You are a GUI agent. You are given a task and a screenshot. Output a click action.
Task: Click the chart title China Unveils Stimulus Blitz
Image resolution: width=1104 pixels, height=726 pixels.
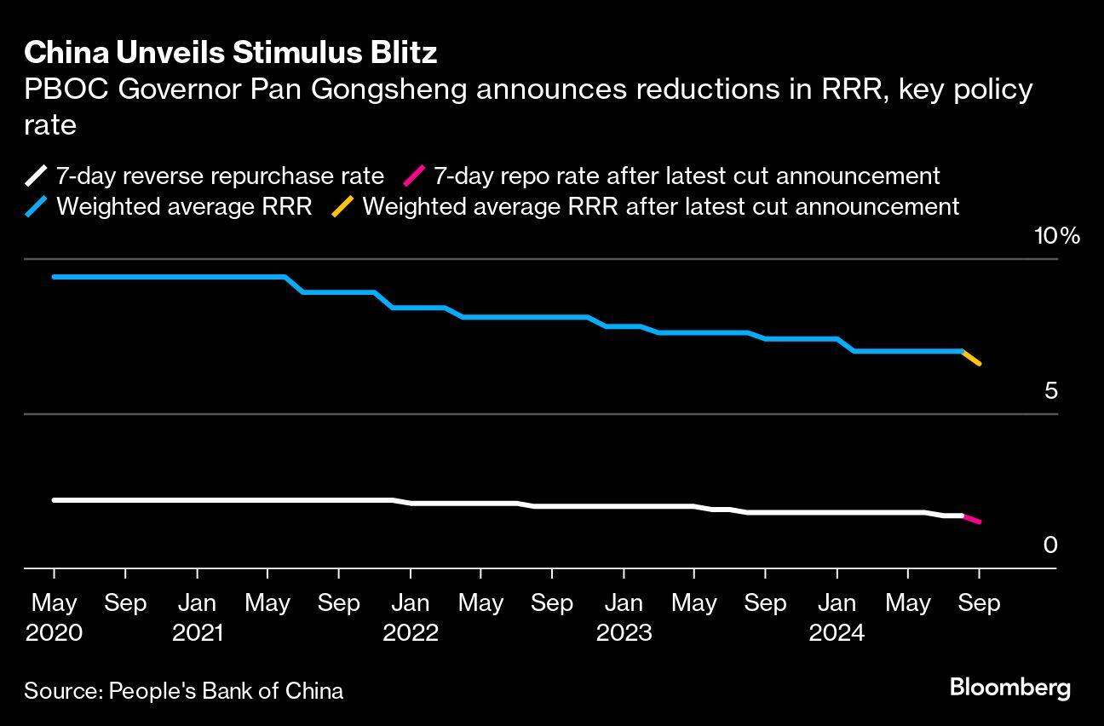point(230,53)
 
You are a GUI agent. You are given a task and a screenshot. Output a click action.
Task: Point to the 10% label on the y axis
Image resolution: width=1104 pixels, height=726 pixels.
point(1056,236)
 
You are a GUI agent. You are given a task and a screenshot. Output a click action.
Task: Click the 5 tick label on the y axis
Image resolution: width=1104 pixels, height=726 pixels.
point(1050,391)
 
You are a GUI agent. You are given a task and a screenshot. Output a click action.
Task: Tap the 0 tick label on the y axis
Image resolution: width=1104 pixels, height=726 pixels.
point(1050,545)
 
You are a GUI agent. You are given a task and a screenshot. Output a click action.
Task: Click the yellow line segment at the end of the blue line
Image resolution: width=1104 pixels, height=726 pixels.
point(971,357)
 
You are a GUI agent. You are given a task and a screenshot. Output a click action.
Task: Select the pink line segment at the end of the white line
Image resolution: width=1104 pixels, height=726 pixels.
point(971,519)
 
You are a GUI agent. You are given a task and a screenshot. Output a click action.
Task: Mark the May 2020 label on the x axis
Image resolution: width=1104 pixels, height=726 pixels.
point(54,618)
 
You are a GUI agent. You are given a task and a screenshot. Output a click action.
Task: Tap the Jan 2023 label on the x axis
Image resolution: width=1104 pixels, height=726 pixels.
point(624,618)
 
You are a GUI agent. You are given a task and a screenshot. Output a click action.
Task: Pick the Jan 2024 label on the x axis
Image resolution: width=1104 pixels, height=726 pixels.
point(837,618)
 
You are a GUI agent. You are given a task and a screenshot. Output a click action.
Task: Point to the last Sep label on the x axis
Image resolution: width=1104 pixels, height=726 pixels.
point(979,603)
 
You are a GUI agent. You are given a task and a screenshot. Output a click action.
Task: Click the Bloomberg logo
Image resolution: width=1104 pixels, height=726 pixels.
point(1009,688)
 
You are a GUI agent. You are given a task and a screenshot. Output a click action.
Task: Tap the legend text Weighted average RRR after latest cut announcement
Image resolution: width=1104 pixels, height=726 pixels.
point(660,206)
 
